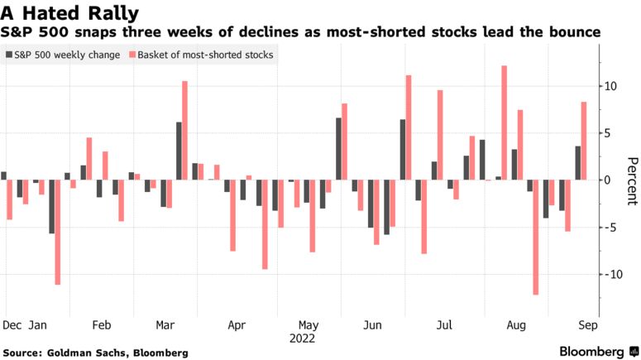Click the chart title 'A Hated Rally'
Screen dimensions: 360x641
(69, 12)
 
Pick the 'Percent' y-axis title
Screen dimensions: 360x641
(631, 180)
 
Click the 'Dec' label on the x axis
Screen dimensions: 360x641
(12, 326)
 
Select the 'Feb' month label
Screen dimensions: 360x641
(101, 326)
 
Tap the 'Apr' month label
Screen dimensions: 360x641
(237, 326)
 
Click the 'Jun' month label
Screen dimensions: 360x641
(373, 326)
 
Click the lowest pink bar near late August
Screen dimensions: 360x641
(536, 237)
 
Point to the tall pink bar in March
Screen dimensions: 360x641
(184, 131)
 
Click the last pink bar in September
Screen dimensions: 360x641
(584, 141)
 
